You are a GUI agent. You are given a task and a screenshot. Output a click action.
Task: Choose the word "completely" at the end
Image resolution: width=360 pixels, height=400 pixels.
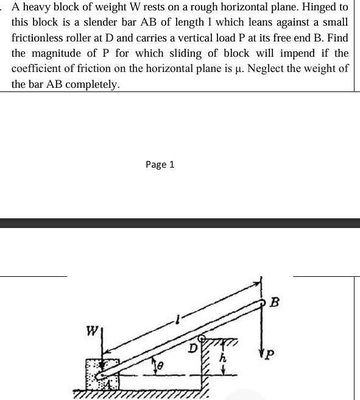[94, 84]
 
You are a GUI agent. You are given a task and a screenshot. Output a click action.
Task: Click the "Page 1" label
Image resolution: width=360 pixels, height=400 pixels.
[160, 164]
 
